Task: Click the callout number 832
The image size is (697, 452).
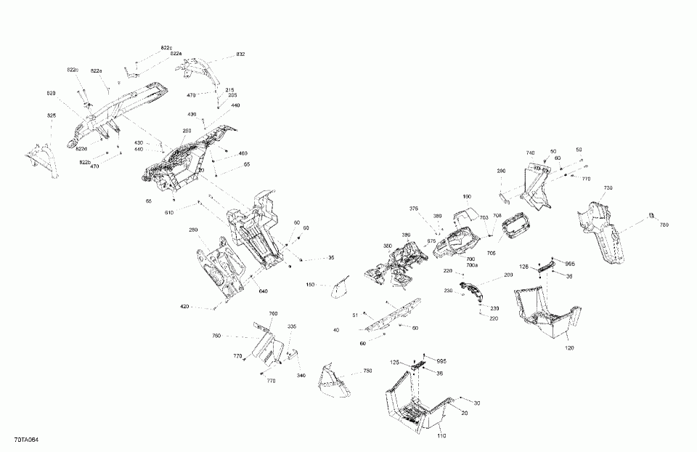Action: [240, 55]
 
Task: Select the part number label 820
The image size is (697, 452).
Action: [51, 94]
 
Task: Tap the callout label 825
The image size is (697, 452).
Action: [51, 116]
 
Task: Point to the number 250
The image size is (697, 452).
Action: [187, 131]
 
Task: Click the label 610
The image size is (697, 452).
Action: [169, 212]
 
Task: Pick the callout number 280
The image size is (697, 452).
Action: [193, 230]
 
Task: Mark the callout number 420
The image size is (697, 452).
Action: [184, 307]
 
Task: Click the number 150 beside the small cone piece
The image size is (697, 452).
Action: [310, 285]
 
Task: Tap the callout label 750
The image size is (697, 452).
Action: [367, 371]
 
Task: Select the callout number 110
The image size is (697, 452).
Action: [441, 435]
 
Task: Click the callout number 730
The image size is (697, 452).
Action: [608, 187]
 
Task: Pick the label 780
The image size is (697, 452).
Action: [664, 224]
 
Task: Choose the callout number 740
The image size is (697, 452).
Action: [530, 153]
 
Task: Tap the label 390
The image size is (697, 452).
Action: [501, 171]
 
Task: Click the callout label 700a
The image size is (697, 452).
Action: [471, 265]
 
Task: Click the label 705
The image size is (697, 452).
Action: [492, 253]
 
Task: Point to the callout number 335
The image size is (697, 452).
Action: [291, 327]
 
